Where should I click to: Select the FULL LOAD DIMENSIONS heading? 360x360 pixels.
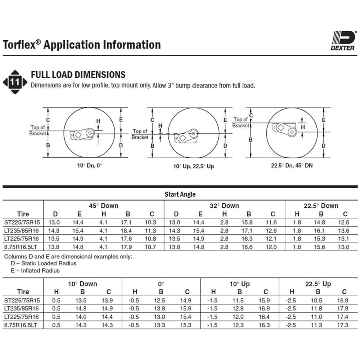click(78, 75)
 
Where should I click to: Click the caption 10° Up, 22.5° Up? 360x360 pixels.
click(193, 166)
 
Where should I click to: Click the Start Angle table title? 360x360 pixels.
click(180, 194)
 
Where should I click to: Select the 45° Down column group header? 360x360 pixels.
click(104, 206)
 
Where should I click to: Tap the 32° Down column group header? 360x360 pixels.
click(224, 206)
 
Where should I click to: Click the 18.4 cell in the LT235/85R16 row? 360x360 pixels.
click(128, 231)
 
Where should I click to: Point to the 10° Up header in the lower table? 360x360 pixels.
click(239, 284)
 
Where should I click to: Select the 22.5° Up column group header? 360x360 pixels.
click(318, 284)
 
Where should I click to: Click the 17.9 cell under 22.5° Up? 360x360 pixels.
click(344, 309)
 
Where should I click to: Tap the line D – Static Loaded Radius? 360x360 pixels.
click(44, 264)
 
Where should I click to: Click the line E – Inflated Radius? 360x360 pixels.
click(35, 271)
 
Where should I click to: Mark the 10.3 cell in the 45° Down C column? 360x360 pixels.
click(152, 223)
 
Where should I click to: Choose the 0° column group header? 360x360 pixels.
click(161, 284)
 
